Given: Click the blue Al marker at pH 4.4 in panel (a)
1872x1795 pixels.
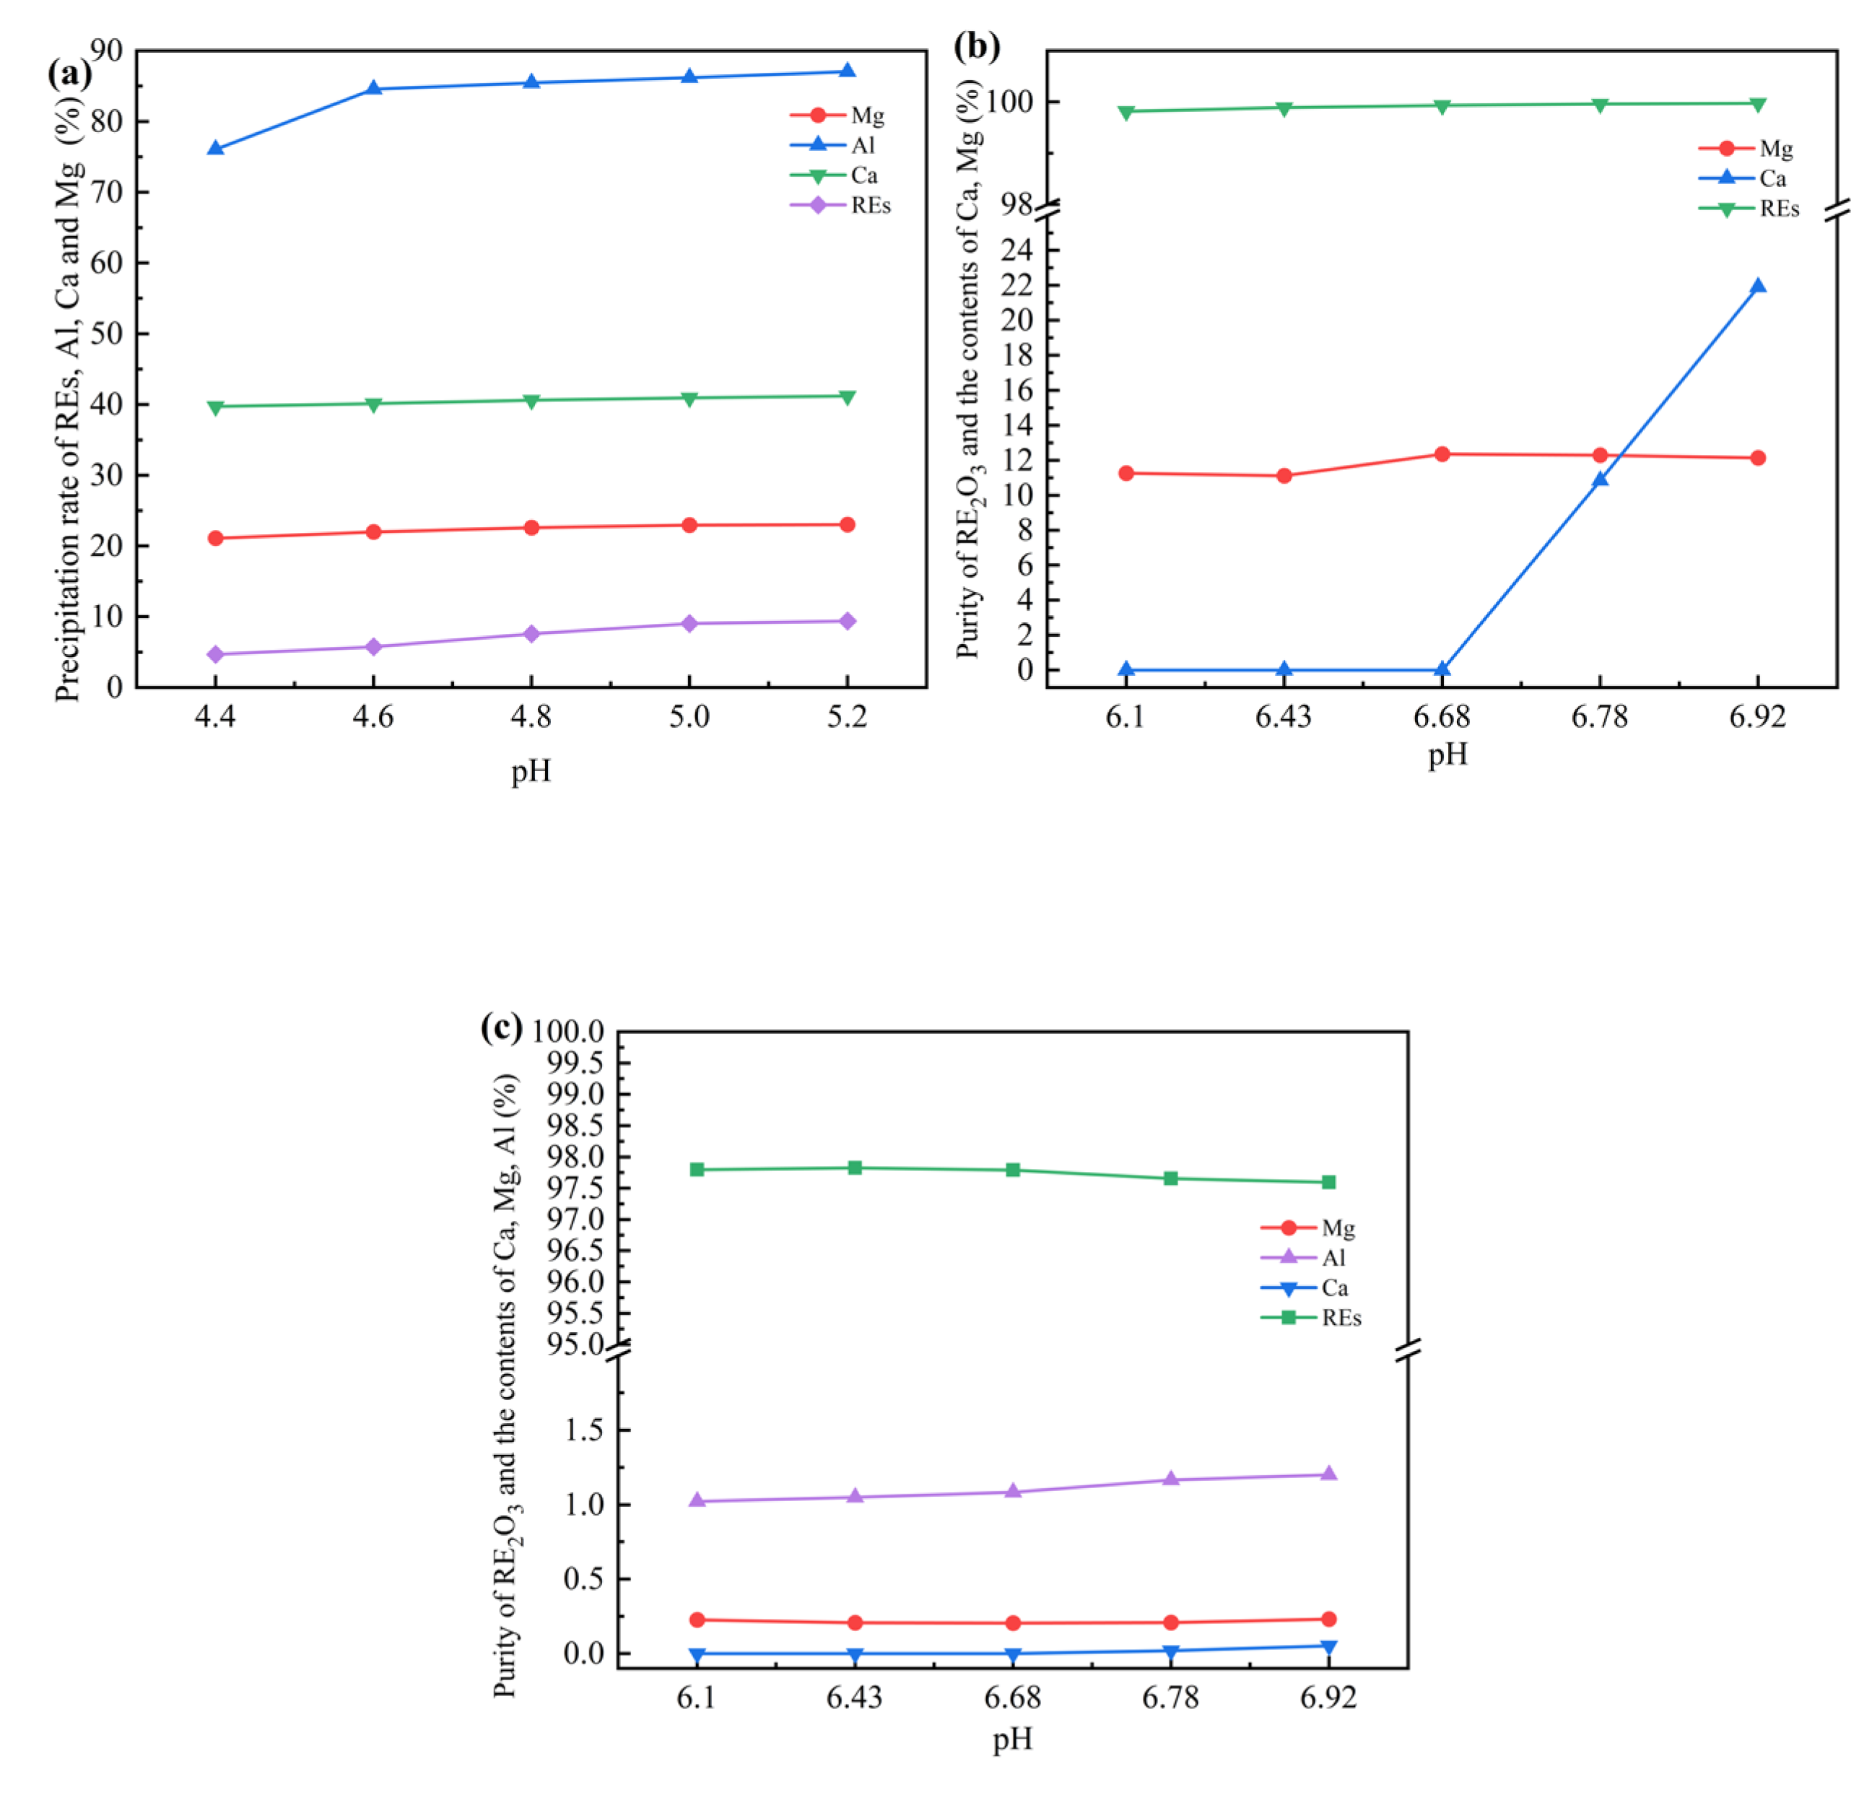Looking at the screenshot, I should pos(215,149).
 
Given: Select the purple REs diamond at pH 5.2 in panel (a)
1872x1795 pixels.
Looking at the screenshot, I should pos(846,622).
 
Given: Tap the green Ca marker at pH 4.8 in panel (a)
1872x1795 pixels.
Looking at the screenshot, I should pos(531,400).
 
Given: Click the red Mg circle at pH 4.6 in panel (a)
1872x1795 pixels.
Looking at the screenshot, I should pos(373,532).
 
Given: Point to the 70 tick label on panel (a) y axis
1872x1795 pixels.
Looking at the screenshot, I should pos(107,192).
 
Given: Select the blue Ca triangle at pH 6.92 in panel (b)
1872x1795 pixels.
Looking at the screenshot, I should pos(1757,287).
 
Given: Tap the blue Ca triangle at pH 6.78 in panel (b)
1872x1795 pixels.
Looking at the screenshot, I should pos(1600,479).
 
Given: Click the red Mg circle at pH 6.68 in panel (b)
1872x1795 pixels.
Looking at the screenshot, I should pos(1442,455).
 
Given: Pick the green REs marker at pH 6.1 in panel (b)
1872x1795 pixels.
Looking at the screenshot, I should pos(1126,112).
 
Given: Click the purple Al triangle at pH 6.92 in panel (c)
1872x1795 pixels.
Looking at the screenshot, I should pos(1328,1474).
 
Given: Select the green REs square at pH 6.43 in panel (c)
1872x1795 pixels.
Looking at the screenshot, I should pos(855,1168).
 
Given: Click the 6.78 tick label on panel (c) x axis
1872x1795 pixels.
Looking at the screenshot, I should pos(1170,1698).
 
